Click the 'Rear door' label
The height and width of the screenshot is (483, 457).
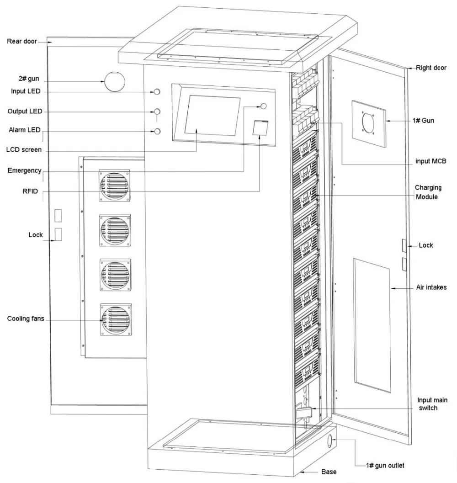(x=21, y=41)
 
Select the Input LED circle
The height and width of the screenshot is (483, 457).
(x=157, y=92)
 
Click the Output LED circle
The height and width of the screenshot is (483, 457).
(x=157, y=111)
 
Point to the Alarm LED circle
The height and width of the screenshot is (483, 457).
(x=157, y=132)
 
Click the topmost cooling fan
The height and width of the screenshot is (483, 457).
(x=115, y=186)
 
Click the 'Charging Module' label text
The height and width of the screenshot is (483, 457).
(x=428, y=192)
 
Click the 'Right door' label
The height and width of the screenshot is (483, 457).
(x=431, y=68)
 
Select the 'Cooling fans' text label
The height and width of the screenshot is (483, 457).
(x=26, y=318)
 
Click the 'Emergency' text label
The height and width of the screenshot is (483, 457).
(x=24, y=170)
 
